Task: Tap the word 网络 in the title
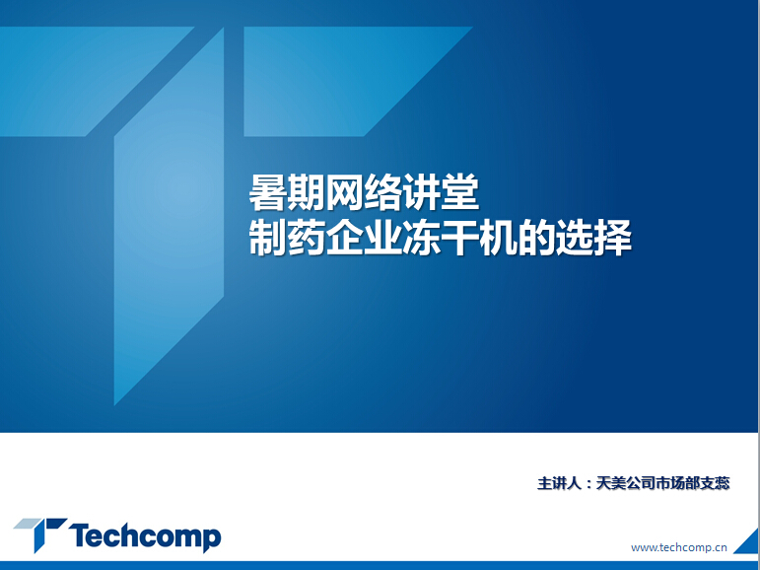[x=345, y=193]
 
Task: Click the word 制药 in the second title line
[x=288, y=238]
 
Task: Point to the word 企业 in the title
[x=364, y=238]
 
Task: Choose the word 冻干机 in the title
[x=459, y=238]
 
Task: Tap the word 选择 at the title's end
[x=593, y=238]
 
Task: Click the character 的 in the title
[x=536, y=238]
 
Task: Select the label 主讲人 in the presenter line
[x=559, y=483]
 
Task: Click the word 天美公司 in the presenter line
[x=625, y=483]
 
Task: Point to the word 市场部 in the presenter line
[x=677, y=483]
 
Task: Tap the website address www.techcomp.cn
[x=678, y=547]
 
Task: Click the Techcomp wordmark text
[x=145, y=536]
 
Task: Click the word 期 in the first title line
[x=307, y=193]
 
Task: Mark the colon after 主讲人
[x=588, y=484]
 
